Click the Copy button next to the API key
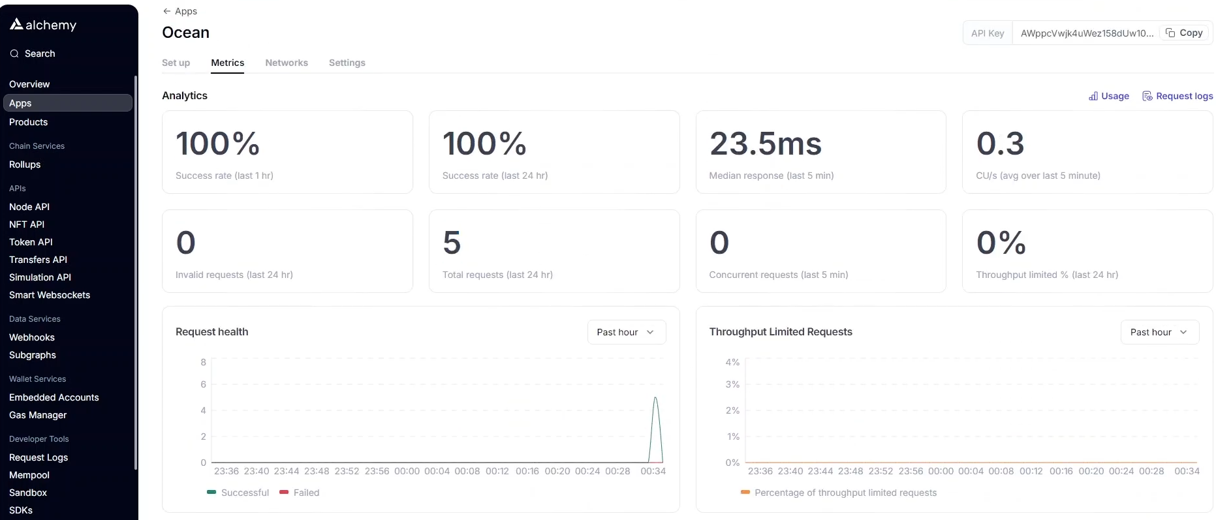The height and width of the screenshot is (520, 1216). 1184,33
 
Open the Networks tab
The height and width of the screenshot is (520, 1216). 287,63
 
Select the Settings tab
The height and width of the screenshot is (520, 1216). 347,63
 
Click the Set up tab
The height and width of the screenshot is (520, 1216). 176,63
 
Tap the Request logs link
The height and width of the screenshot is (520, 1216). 1177,96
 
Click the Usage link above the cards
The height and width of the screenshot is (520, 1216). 1109,96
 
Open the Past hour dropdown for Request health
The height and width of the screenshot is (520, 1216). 626,332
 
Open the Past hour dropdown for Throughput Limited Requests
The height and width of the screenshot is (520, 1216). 1159,332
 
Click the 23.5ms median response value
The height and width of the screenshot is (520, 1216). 765,144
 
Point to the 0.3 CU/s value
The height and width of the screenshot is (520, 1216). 1000,144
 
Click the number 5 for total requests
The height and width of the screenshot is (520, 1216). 452,243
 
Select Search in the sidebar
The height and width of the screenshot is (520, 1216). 39,54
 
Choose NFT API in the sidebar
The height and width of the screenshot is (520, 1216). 27,224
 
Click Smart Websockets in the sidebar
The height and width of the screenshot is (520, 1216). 50,295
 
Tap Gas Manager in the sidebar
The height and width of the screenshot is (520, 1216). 38,415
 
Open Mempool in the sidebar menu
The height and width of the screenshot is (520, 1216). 29,475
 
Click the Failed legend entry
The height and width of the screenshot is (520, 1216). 300,493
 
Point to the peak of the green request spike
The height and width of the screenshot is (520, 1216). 655,398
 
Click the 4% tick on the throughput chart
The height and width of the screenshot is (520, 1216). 732,362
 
